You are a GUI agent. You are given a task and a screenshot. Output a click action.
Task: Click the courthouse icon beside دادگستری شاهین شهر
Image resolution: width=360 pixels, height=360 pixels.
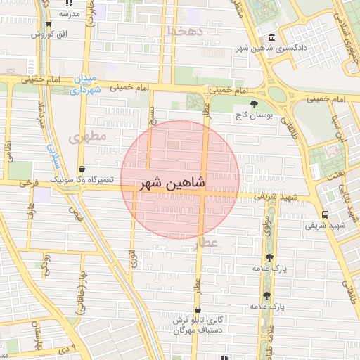click(x=271, y=37)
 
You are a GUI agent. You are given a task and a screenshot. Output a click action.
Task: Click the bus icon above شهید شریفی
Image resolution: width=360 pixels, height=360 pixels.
click(x=324, y=214)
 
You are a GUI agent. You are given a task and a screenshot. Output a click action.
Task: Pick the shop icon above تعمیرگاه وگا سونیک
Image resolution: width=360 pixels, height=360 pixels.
click(x=84, y=169)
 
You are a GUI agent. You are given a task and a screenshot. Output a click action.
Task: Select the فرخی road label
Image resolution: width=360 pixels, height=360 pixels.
click(x=29, y=182)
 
